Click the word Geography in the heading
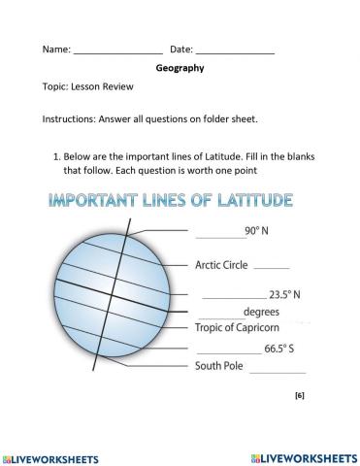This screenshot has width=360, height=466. [x=180, y=68]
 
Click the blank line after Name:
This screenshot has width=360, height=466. [x=117, y=50]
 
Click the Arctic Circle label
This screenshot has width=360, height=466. [x=221, y=264]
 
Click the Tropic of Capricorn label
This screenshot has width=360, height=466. [x=238, y=328]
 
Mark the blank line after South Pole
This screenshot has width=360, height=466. [x=277, y=371]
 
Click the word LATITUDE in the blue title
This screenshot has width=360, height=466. [x=245, y=201]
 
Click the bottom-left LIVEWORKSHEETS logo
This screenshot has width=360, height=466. [x=55, y=455]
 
